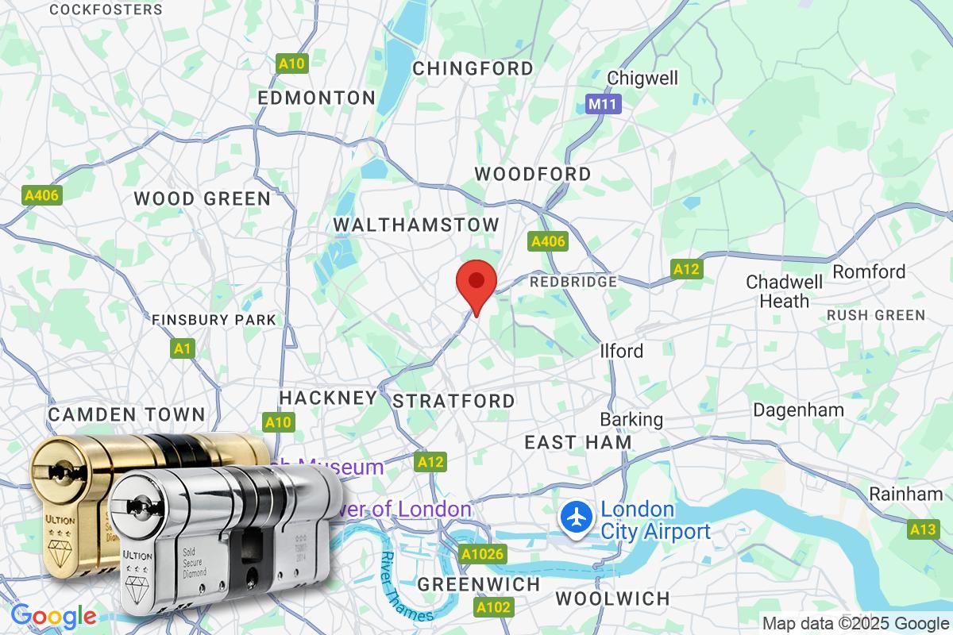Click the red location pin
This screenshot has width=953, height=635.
(476, 284)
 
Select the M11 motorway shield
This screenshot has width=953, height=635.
(604, 104)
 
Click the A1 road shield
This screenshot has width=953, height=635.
(182, 348)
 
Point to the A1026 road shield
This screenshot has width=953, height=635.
(483, 553)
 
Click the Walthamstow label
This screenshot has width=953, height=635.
(416, 225)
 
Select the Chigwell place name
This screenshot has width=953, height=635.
(642, 78)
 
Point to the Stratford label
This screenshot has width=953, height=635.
(453, 401)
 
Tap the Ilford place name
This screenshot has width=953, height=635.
(621, 351)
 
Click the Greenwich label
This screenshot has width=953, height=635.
(479, 584)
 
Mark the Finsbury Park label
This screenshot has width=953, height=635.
(214, 320)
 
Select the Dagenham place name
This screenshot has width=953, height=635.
(798, 410)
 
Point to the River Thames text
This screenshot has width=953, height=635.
(406, 587)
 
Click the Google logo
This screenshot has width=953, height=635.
(53, 616)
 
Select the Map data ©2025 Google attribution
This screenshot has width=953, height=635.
(855, 623)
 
